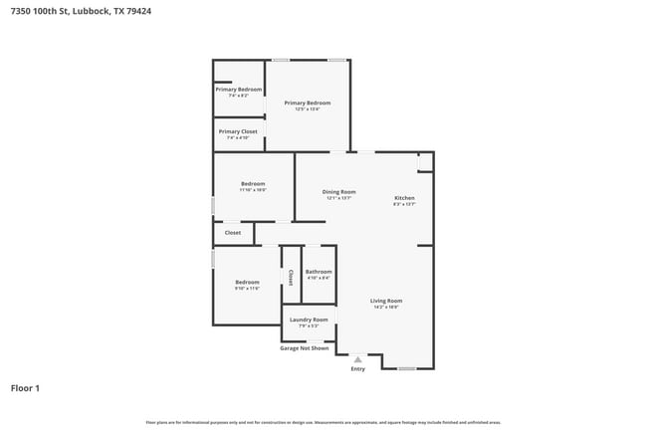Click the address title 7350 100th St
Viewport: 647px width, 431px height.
(75, 11)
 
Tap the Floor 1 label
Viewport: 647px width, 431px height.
(25, 387)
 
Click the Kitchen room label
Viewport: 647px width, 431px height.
(404, 198)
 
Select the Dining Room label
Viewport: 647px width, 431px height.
(338, 192)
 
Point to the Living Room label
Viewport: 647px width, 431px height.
(386, 301)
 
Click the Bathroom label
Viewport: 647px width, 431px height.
(319, 272)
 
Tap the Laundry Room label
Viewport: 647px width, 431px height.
(309, 320)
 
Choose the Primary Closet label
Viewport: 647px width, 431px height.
(238, 131)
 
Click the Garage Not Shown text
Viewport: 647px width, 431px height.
(304, 348)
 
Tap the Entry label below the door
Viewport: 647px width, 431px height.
(358, 369)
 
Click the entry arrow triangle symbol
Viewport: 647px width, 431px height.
(358, 359)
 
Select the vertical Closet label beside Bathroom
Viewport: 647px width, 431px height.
(291, 276)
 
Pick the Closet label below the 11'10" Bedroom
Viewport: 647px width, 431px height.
(232, 233)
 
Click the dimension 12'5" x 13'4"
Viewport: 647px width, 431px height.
(307, 109)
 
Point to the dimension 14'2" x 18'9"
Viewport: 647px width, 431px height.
(386, 308)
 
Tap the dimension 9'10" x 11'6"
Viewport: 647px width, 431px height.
(246, 289)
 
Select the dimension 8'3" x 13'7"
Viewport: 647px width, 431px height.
(404, 205)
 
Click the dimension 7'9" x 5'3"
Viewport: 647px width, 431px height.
(309, 325)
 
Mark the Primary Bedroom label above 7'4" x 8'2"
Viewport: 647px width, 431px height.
(238, 90)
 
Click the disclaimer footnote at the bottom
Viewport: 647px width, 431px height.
(323, 423)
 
